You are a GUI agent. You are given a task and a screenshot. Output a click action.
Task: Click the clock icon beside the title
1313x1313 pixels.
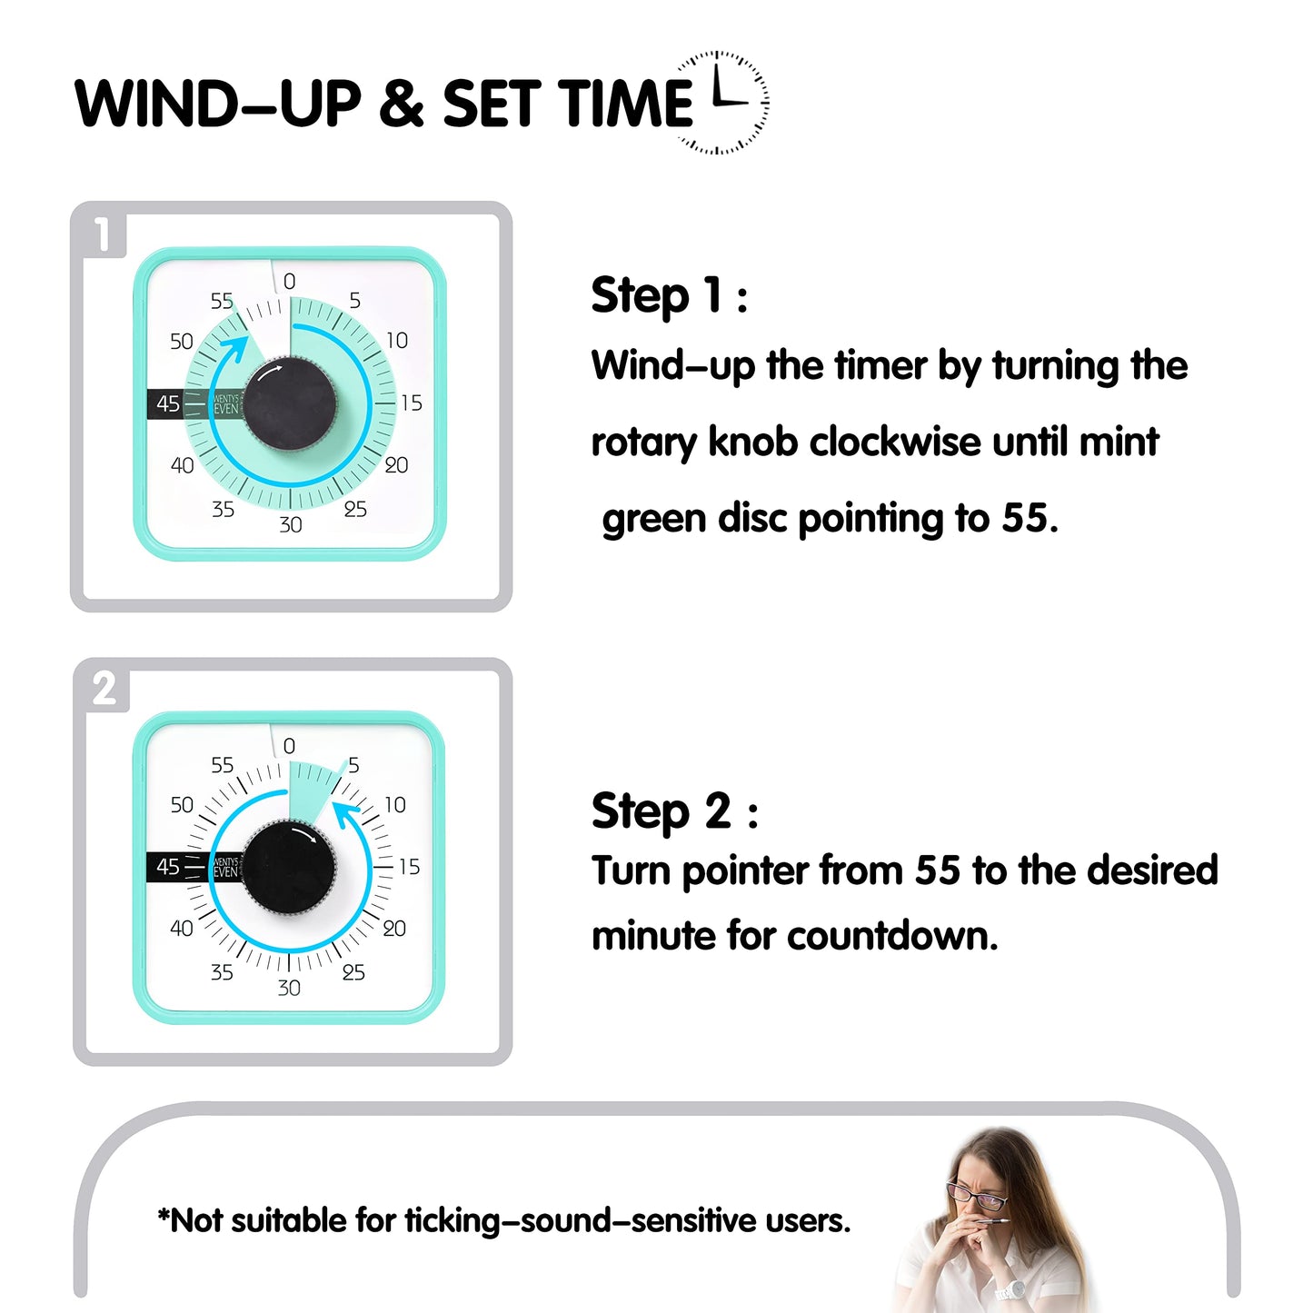[x=722, y=103]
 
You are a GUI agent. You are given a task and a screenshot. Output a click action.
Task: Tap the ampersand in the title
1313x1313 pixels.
[x=402, y=104]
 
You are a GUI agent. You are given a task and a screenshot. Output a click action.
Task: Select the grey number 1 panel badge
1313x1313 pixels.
[x=103, y=234]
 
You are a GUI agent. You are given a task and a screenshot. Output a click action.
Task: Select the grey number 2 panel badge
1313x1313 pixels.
[x=104, y=689]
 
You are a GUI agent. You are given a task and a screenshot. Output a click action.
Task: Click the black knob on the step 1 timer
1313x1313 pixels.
[x=290, y=404]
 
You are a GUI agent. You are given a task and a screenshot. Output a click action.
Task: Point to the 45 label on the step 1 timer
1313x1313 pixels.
[x=168, y=403]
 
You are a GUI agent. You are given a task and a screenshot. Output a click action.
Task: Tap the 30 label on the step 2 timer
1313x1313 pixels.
[x=289, y=988]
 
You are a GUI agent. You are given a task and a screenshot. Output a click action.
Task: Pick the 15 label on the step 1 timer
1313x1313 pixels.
[x=411, y=403]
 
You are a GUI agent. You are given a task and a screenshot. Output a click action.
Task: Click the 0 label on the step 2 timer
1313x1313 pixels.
[x=289, y=746]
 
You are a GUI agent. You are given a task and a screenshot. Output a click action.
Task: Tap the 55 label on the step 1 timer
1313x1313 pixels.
[x=222, y=301]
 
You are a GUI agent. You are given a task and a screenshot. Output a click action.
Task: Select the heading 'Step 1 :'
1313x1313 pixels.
[x=669, y=296]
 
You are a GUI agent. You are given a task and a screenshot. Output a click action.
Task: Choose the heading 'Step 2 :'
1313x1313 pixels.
[x=674, y=811]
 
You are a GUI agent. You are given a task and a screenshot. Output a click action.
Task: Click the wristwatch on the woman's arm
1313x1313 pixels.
[x=1010, y=1288]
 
